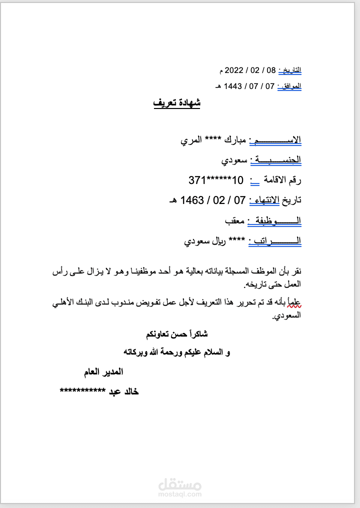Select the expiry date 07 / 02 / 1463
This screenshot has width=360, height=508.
click(212, 200)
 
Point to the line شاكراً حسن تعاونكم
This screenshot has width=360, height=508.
click(176, 333)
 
